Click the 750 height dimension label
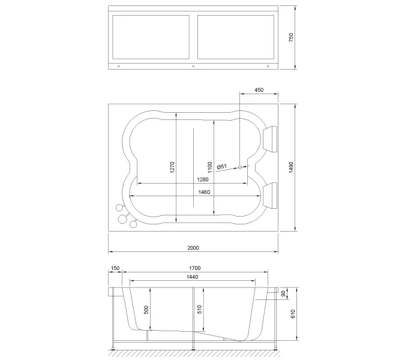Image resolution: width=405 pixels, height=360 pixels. pos(291,38)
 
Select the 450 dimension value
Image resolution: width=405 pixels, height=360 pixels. pos(259,90)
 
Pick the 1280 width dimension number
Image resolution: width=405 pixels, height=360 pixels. pos(202,179)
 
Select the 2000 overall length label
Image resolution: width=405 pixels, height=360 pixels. pos(193,247)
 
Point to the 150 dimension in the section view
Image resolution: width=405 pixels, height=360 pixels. pos(115,268)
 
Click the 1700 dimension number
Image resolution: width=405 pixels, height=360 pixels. pos(194,268)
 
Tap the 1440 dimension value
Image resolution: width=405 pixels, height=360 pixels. pos(192,277)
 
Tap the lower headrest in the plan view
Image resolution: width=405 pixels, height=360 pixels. pos(270,193)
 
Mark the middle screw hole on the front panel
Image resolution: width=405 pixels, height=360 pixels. pos(193,65)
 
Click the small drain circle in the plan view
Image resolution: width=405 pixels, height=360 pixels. pos(240,167)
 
